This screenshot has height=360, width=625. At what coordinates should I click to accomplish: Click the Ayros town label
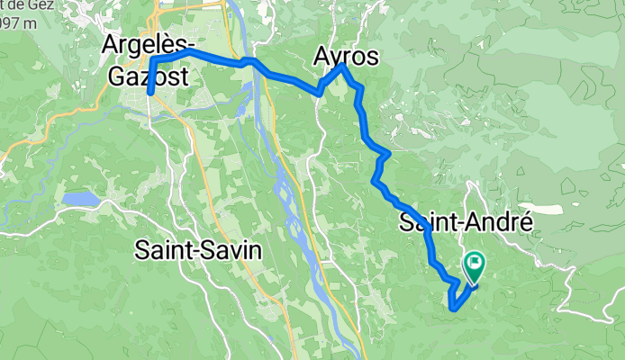pos(346,57)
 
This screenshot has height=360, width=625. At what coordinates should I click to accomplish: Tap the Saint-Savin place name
pos(198,250)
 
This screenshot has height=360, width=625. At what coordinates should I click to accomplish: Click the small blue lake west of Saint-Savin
pos(80,198)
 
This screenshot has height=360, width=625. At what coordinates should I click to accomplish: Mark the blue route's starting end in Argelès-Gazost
pos(149,93)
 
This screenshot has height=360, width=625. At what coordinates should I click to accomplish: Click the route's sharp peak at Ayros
pos(343,66)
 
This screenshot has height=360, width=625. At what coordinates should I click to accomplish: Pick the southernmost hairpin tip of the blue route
pos(451,308)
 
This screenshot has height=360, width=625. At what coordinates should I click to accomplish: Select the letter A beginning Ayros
pos(322,57)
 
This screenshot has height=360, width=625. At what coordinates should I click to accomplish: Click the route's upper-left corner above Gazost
pos(152,59)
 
